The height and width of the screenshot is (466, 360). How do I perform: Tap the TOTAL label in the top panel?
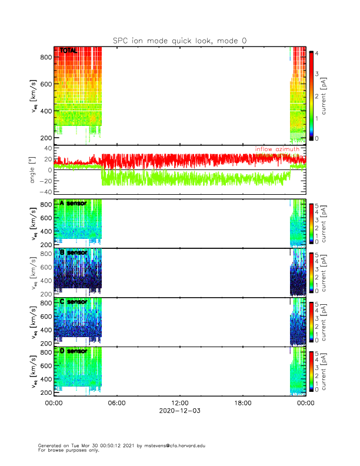68,52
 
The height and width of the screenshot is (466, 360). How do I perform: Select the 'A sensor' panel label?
73,203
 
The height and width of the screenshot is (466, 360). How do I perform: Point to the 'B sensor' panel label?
73,252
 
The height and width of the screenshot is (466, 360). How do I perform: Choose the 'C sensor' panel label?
73,302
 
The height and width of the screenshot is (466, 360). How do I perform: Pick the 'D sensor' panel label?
73,351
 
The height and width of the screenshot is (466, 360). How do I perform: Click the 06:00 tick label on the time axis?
117,403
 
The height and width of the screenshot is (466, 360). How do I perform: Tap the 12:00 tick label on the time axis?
180,403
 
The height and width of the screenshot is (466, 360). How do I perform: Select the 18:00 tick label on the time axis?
243,403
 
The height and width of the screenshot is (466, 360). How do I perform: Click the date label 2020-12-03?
180,411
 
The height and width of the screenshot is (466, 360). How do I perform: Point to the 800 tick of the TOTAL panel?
45,57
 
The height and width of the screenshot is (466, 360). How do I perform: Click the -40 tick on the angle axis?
45,192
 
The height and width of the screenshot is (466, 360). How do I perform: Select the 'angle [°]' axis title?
34,170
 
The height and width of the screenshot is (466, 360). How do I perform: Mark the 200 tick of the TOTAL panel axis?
45,138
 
